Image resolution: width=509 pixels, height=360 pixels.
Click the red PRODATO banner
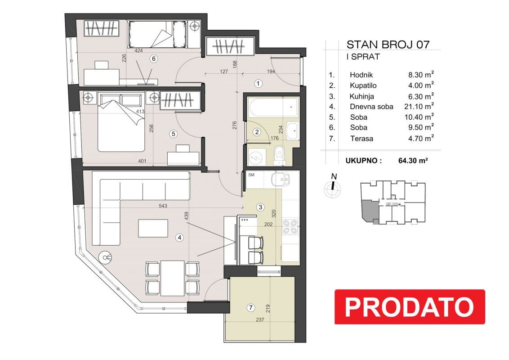coord(410,307)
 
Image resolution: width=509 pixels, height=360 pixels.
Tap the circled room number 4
coord(179,238)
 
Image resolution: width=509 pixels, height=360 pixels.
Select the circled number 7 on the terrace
coord(250,307)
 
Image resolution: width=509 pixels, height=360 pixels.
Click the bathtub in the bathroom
coord(273,106)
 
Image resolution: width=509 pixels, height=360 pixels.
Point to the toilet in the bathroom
coord(279,155)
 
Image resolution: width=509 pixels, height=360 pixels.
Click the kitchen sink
coord(281,180)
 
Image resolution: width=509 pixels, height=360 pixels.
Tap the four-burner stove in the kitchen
coord(290,227)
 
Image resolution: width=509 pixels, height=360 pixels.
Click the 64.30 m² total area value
coord(413,160)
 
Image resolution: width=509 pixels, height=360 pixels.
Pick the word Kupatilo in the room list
coord(363,86)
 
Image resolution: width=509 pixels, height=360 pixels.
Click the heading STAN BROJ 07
coord(388,45)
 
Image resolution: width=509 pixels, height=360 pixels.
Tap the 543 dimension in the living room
coord(163,206)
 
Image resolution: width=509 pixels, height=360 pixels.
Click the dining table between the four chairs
coord(172,278)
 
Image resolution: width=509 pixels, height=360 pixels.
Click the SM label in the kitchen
coord(251,175)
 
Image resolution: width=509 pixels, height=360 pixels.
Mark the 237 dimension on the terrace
coord(260,319)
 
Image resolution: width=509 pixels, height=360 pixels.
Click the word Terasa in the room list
coord(362,139)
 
